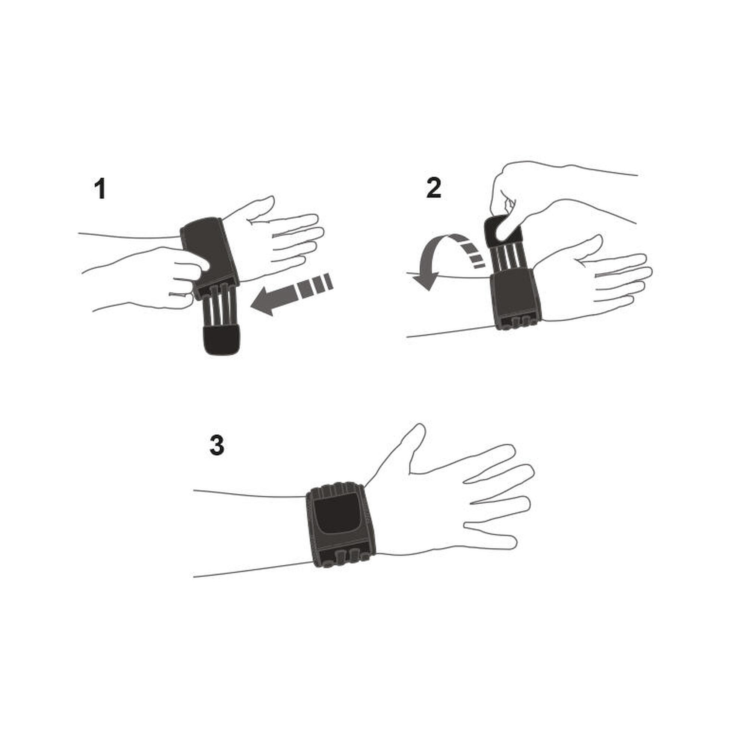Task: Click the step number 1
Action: point(100,189)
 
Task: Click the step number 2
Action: point(434,188)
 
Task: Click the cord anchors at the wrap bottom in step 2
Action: point(519,321)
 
